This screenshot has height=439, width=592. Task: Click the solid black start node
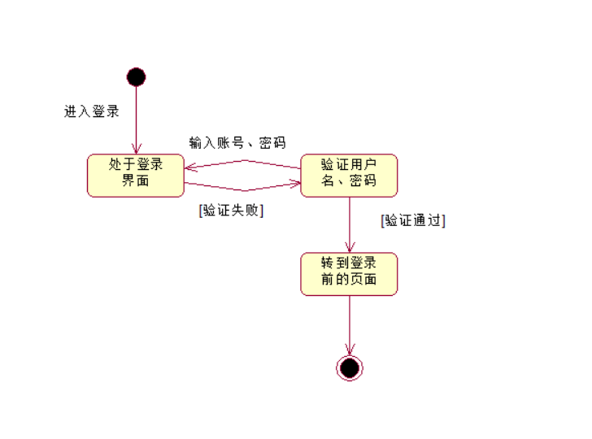pyautogui.click(x=136, y=77)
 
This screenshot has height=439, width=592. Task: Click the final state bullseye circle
pyautogui.click(x=349, y=368)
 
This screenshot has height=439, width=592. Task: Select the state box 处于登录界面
pyautogui.click(x=136, y=176)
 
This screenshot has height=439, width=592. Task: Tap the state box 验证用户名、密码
pyautogui.click(x=349, y=176)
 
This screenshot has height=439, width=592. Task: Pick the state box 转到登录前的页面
pyautogui.click(x=349, y=274)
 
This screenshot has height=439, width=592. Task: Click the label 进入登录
pyautogui.click(x=92, y=111)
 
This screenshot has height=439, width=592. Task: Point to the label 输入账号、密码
pyautogui.click(x=237, y=143)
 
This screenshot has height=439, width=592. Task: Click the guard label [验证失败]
pyautogui.click(x=232, y=210)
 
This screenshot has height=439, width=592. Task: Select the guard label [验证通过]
pyautogui.click(x=413, y=220)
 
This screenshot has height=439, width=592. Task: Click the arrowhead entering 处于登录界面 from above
pyautogui.click(x=136, y=149)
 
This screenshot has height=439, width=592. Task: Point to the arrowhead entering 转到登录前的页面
pyautogui.click(x=349, y=247)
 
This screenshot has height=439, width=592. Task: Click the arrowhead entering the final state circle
pyautogui.click(x=349, y=350)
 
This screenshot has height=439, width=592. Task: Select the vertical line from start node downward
pyautogui.click(x=136, y=114)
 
